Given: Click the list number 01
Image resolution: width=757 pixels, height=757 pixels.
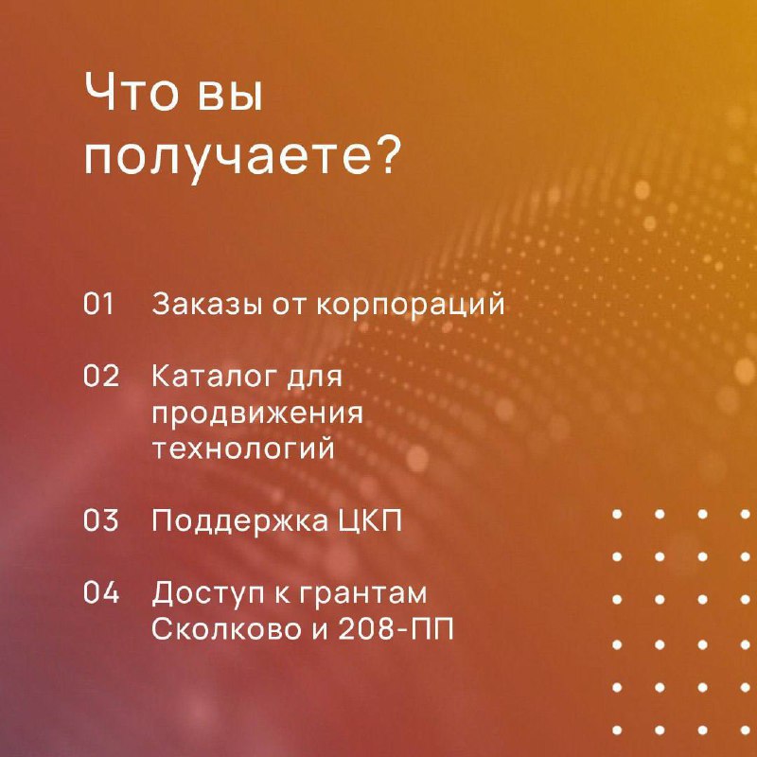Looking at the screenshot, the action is (98, 304).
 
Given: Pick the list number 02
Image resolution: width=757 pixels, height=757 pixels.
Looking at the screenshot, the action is (101, 376).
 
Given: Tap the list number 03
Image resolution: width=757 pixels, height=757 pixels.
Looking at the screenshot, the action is (101, 519).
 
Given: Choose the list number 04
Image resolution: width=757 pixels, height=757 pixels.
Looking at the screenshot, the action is (101, 592).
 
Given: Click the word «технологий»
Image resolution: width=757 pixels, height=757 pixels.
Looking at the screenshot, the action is (244, 448).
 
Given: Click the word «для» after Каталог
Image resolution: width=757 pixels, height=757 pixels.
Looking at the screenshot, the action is (314, 378).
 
